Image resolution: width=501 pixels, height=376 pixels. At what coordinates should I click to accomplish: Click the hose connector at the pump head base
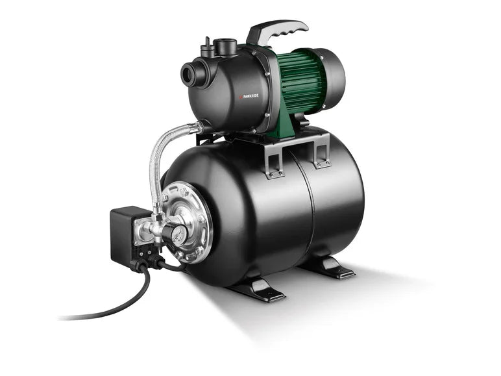pos(195,125)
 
